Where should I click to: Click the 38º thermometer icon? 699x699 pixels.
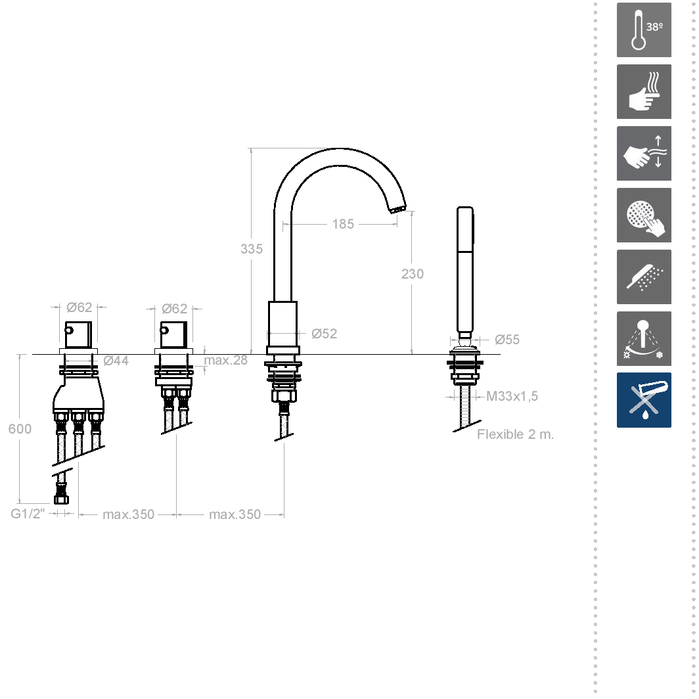(x=644, y=30)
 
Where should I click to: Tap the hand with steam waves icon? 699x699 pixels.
(x=644, y=91)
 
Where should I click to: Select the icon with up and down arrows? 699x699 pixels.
(x=644, y=153)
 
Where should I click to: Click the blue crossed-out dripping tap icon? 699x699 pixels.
(x=644, y=400)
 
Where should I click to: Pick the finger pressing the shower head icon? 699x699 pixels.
(x=644, y=215)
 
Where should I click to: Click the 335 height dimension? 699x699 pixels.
(x=252, y=249)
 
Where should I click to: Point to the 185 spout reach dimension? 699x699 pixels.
(x=343, y=224)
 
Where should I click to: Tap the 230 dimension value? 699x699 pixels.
(x=413, y=274)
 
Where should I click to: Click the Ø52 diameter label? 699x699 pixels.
(x=324, y=334)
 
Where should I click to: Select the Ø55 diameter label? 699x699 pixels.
(x=507, y=340)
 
